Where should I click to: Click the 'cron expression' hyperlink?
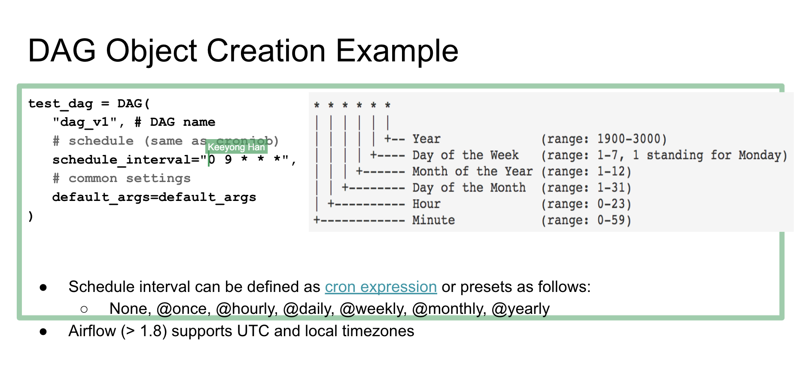(x=381, y=287)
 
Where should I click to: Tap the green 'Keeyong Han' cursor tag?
(x=237, y=147)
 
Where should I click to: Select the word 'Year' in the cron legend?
(x=426, y=139)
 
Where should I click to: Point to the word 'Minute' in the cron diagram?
(x=433, y=220)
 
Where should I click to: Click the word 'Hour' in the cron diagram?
(x=426, y=204)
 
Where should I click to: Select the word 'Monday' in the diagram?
(x=760, y=155)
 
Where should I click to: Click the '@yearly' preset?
(x=521, y=309)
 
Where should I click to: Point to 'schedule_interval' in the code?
(x=122, y=160)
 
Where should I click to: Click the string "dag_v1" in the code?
(x=85, y=122)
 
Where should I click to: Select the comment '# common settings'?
(x=122, y=179)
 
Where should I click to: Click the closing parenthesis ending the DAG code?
(x=30, y=216)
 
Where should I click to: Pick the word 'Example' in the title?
(x=397, y=51)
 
